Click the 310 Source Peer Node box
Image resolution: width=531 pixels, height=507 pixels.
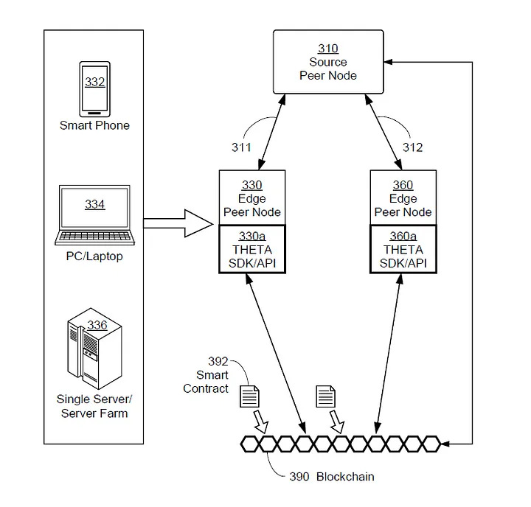pos(328,62)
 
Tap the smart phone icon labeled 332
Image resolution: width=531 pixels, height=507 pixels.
pos(94,89)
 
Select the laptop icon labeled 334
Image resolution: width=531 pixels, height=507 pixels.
pos(94,214)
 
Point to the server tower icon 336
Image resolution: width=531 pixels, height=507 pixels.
pos(94,349)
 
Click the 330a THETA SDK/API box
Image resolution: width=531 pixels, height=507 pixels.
pos(252,249)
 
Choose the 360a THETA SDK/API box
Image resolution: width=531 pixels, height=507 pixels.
pos(403,249)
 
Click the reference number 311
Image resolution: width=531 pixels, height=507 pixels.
pos(241,147)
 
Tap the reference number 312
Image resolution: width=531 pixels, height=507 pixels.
pos(412,147)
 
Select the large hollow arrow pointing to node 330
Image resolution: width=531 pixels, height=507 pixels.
pos(178,223)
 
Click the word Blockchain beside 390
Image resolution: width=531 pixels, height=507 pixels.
pos(345,477)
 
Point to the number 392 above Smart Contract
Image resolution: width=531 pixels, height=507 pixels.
pos(218,362)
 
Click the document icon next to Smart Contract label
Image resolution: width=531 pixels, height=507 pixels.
pos(249,396)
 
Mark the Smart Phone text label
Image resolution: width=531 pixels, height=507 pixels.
pos(94,125)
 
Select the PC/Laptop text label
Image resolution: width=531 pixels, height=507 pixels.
pos(94,256)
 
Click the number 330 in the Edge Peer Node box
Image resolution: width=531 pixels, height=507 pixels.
pos(252,185)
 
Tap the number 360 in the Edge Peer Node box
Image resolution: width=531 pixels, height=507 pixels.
pos(403,185)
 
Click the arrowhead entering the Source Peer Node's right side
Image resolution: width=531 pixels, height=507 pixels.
pos(388,62)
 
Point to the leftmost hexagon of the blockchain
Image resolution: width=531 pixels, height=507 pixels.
pos(249,444)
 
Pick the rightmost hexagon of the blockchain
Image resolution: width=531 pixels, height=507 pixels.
pos(431,444)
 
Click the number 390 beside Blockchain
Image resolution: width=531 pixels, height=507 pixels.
pos(299,477)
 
